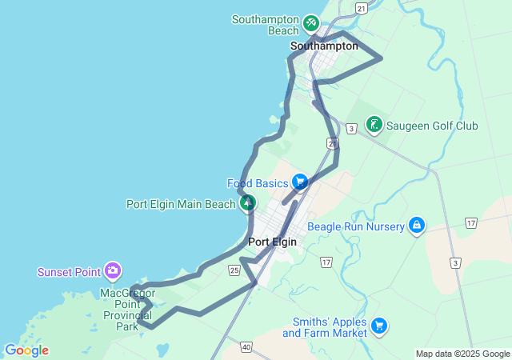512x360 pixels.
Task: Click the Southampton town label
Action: pos(324,46)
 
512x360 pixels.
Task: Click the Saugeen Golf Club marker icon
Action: pos(374,124)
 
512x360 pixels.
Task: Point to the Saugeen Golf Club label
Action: pos(432,126)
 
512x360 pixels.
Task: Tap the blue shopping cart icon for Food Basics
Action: pos(300,182)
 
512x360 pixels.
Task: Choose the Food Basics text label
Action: pos(257,183)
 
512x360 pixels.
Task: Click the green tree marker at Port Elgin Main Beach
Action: pos(249,203)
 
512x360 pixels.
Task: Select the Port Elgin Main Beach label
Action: pos(181,204)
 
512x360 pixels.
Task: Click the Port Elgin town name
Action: pos(272,242)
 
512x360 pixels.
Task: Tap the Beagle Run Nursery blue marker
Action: pos(416,226)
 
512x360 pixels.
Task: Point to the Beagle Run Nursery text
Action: pos(356,226)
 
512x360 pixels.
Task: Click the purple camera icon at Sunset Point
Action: pos(113,271)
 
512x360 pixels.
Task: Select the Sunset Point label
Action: pos(70,272)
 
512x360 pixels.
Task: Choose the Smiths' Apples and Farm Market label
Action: pos(325,326)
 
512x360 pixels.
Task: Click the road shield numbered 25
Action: pos(234,270)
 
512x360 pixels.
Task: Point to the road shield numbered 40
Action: pos(245,346)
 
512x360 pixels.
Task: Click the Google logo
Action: pos(26,350)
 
